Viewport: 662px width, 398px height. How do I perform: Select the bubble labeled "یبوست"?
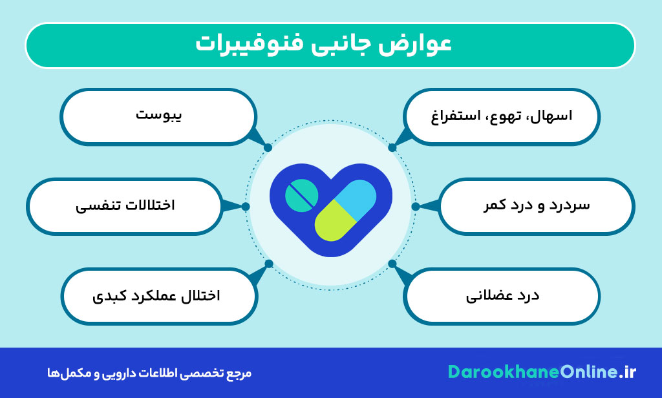[x=159, y=116]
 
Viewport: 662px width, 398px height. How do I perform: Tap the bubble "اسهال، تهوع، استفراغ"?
[x=502, y=116]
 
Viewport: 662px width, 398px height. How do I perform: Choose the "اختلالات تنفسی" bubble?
[x=125, y=206]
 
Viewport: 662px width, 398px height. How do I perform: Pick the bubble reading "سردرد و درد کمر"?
[x=536, y=206]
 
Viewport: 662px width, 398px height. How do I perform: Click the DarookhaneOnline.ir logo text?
[x=542, y=373]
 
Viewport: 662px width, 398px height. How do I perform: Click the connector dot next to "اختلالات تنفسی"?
[x=246, y=207]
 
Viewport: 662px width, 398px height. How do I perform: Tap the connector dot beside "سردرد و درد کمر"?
[x=416, y=207]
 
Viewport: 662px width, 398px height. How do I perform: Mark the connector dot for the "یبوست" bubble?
[x=268, y=147]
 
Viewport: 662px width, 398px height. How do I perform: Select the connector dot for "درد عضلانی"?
[x=392, y=264]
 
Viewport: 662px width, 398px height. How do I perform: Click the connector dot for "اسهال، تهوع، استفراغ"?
[x=392, y=147]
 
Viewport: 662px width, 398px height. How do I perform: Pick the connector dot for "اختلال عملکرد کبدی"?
[x=269, y=264]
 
